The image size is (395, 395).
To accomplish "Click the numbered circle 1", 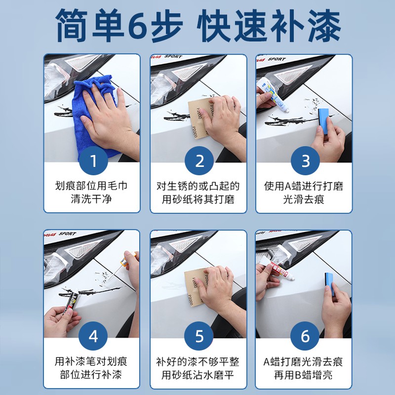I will [x=94, y=161].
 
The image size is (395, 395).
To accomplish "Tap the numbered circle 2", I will [x=199, y=161].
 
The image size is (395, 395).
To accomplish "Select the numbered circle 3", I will [x=305, y=161].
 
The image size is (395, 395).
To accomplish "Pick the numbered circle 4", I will [x=94, y=336].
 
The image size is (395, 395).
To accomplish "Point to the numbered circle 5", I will [x=199, y=336].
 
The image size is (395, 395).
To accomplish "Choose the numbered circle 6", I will [x=305, y=336].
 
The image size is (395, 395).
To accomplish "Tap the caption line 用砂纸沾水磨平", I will [x=199, y=375].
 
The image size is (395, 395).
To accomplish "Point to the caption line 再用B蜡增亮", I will [x=304, y=375].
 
